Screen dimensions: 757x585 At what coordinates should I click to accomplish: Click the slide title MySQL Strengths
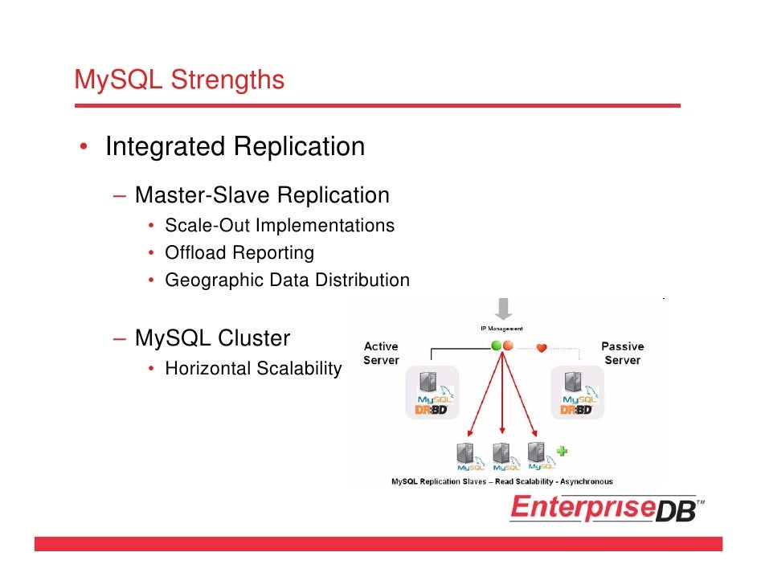pyautogui.click(x=178, y=80)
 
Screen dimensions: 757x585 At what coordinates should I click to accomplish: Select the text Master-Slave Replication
pyautogui.click(x=262, y=195)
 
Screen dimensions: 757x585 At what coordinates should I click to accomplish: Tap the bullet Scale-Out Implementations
pyautogui.click(x=279, y=225)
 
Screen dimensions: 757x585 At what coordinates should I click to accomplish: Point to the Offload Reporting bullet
pyautogui.click(x=239, y=253)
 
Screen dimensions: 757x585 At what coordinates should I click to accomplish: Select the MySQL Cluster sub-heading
pyautogui.click(x=212, y=338)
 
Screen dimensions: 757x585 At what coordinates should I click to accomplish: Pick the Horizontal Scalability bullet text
pyautogui.click(x=252, y=369)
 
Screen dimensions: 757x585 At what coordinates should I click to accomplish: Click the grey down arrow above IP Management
pyautogui.click(x=504, y=309)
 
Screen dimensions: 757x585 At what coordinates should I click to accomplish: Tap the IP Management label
pyautogui.click(x=501, y=329)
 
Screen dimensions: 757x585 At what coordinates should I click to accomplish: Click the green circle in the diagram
pyautogui.click(x=497, y=346)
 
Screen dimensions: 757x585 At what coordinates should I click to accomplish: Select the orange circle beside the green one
pyautogui.click(x=508, y=346)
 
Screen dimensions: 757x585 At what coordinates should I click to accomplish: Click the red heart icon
pyautogui.click(x=542, y=347)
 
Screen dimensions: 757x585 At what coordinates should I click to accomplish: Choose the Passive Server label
pyautogui.click(x=622, y=353)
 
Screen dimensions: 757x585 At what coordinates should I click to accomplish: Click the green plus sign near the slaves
pyautogui.click(x=562, y=451)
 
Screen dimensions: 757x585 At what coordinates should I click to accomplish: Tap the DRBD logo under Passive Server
pyautogui.click(x=575, y=409)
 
